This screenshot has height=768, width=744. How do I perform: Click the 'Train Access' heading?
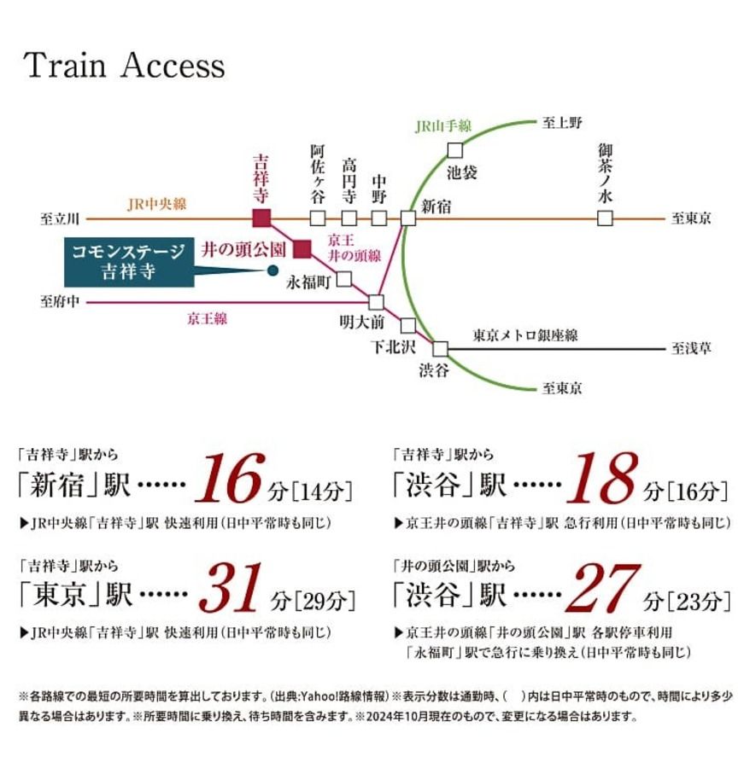125,66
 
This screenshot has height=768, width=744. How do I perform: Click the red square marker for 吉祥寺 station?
262,218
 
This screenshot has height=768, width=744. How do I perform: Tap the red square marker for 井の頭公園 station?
302,249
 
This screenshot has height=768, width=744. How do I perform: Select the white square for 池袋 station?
455,151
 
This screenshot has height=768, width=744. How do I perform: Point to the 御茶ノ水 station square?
605,218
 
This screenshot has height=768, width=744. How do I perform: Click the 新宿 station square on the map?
407,218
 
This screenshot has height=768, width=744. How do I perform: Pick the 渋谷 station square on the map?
440,348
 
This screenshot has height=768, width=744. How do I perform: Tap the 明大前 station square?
376,301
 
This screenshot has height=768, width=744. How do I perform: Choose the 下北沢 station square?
407,325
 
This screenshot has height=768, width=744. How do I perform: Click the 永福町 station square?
344,278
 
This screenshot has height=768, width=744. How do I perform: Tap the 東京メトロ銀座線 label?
524,335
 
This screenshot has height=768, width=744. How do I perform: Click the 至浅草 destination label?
692,348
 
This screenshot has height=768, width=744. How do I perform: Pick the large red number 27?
603,591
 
